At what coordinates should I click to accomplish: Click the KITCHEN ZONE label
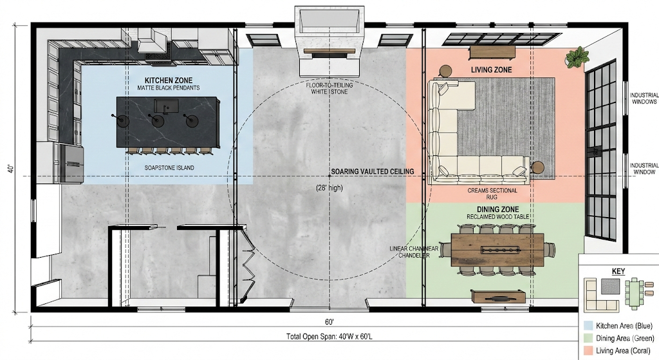pos(169,81)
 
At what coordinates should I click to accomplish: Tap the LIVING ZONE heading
pos(491,70)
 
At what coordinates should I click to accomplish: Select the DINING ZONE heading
pos(497,209)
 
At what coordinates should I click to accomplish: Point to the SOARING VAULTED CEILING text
pos(373,171)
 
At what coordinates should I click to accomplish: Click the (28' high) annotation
pos(329,188)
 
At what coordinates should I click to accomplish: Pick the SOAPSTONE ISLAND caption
pos(169,168)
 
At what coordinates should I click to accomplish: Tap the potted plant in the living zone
pos(577,57)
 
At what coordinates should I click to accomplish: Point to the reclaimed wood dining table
pos(497,250)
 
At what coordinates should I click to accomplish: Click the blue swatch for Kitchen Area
pos(588,325)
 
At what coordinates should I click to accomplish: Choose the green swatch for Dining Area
pos(588,338)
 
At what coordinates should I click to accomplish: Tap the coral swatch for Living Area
pos(588,350)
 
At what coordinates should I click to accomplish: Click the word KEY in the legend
pos(618,271)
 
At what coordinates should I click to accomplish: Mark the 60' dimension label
pos(329,322)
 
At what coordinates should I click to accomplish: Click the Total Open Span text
pos(329,336)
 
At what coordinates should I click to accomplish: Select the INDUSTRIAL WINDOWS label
pos(644,99)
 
